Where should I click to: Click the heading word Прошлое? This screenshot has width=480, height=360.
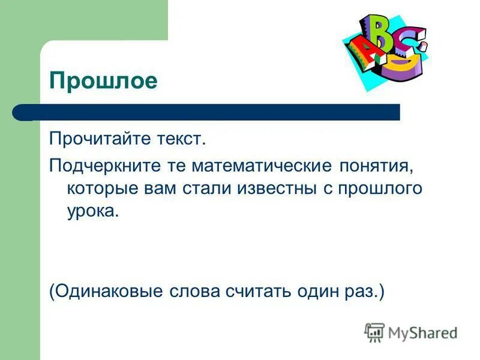pos(103,80)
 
